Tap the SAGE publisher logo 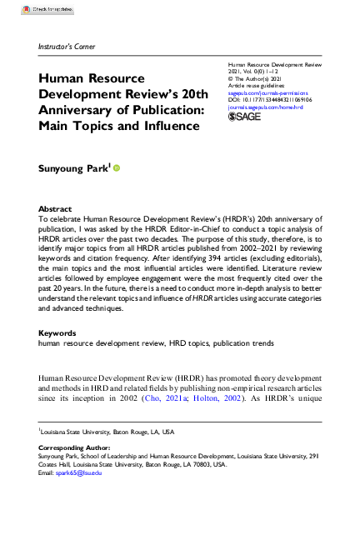(244, 117)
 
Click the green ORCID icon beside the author (117, 167)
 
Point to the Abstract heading (55, 208)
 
